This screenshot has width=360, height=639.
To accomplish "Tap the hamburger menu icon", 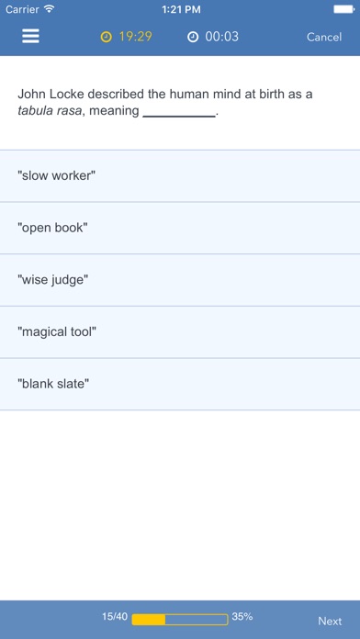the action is pyautogui.click(x=30, y=37).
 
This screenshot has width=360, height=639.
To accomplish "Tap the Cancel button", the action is pyautogui.click(x=324, y=37).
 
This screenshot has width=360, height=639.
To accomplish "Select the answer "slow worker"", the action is pyautogui.click(x=180, y=176).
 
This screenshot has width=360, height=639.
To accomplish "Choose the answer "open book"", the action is pyautogui.click(x=180, y=228).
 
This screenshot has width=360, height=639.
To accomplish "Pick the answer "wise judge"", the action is pyautogui.click(x=180, y=280).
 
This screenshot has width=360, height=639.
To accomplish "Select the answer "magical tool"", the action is pyautogui.click(x=180, y=332).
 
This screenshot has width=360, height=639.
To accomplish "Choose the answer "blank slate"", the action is pyautogui.click(x=180, y=384).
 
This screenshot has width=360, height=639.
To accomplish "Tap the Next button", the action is pyautogui.click(x=330, y=621).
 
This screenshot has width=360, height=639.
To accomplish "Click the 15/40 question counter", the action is pyautogui.click(x=115, y=617).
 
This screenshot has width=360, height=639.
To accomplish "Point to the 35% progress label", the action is pyautogui.click(x=242, y=617).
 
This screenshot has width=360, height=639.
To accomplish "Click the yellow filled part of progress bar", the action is pyautogui.click(x=149, y=620).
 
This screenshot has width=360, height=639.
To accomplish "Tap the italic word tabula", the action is pyautogui.click(x=34, y=111).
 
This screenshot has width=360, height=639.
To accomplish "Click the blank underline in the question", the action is pyautogui.click(x=179, y=117).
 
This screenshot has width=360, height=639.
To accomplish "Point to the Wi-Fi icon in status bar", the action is pyautogui.click(x=50, y=9).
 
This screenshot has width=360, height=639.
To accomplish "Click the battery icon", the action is pyautogui.click(x=344, y=9).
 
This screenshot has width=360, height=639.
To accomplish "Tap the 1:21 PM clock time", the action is pyautogui.click(x=181, y=9).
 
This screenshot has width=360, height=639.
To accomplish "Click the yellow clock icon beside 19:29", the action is pyautogui.click(x=106, y=37).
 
